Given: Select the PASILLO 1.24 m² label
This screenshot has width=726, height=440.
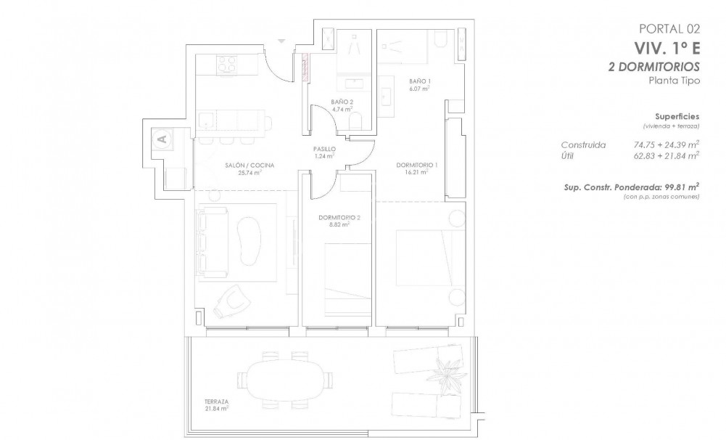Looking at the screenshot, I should point(323,152).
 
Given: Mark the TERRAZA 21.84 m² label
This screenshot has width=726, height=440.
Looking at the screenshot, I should point(217,405).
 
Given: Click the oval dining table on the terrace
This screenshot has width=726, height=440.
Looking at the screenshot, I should point(283,378).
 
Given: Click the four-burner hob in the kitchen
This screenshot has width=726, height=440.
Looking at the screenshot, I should point(226,65).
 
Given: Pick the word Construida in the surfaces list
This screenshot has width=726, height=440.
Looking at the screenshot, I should point(583,144).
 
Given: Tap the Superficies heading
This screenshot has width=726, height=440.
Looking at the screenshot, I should point(677,116).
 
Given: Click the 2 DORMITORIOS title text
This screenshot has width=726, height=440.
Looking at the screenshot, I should point(654,66).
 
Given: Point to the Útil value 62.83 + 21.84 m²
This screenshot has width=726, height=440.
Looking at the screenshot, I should point(666,155).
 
